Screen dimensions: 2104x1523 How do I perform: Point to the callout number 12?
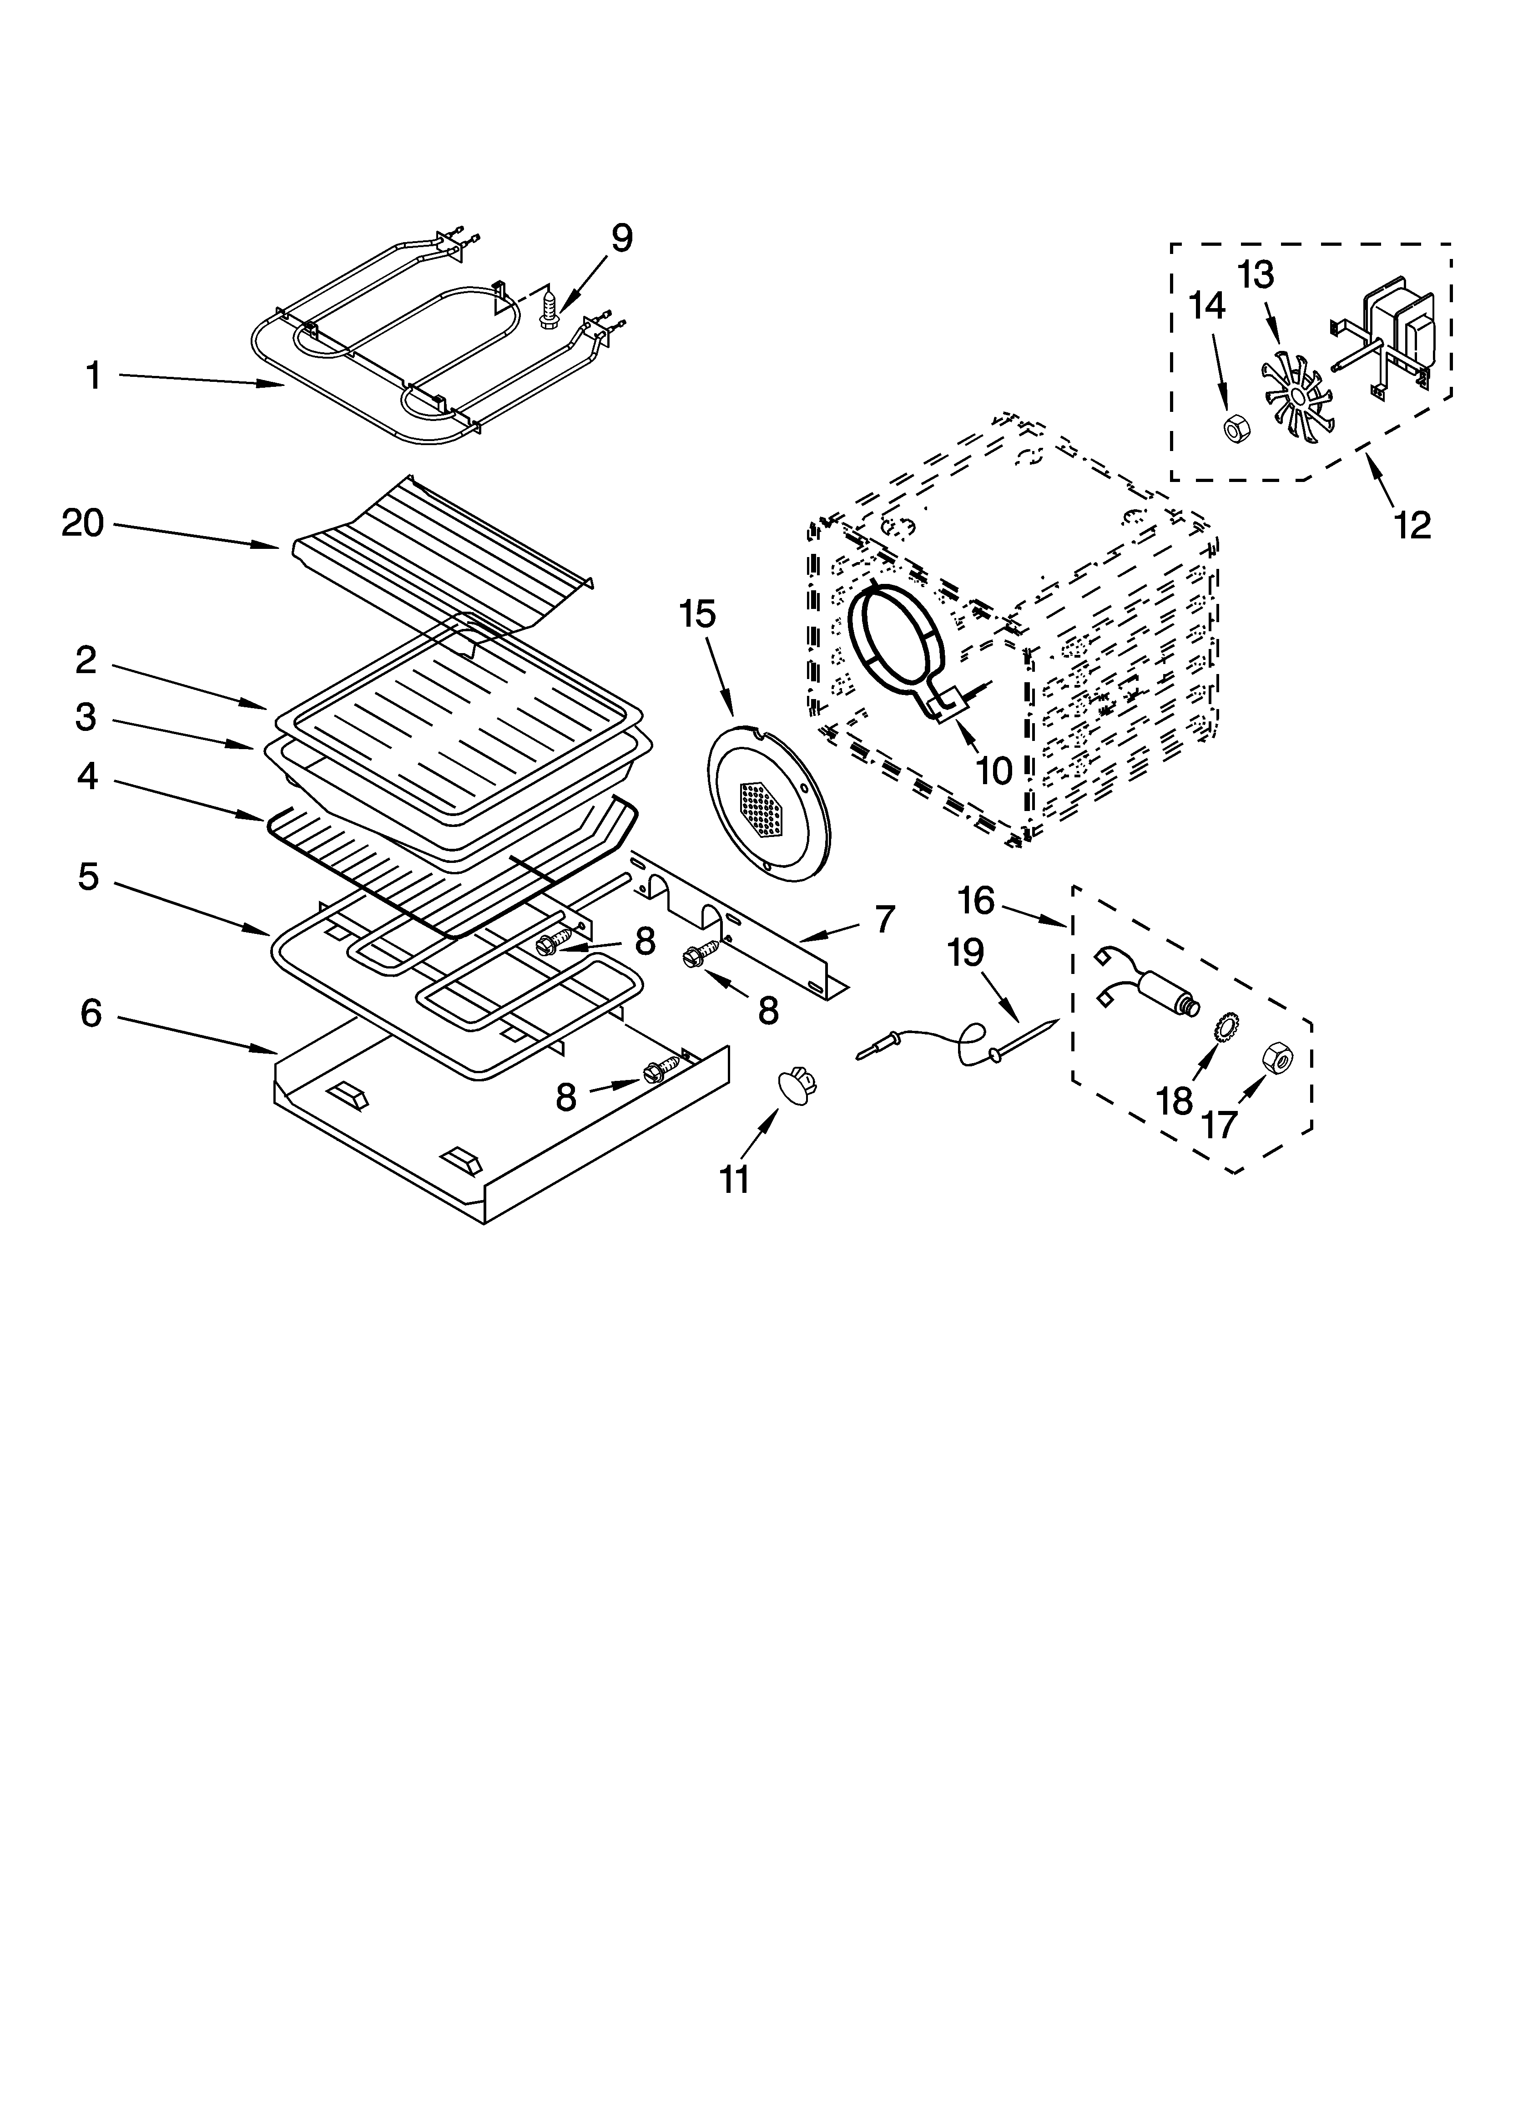(1412, 525)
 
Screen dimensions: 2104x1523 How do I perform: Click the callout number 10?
(994, 770)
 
